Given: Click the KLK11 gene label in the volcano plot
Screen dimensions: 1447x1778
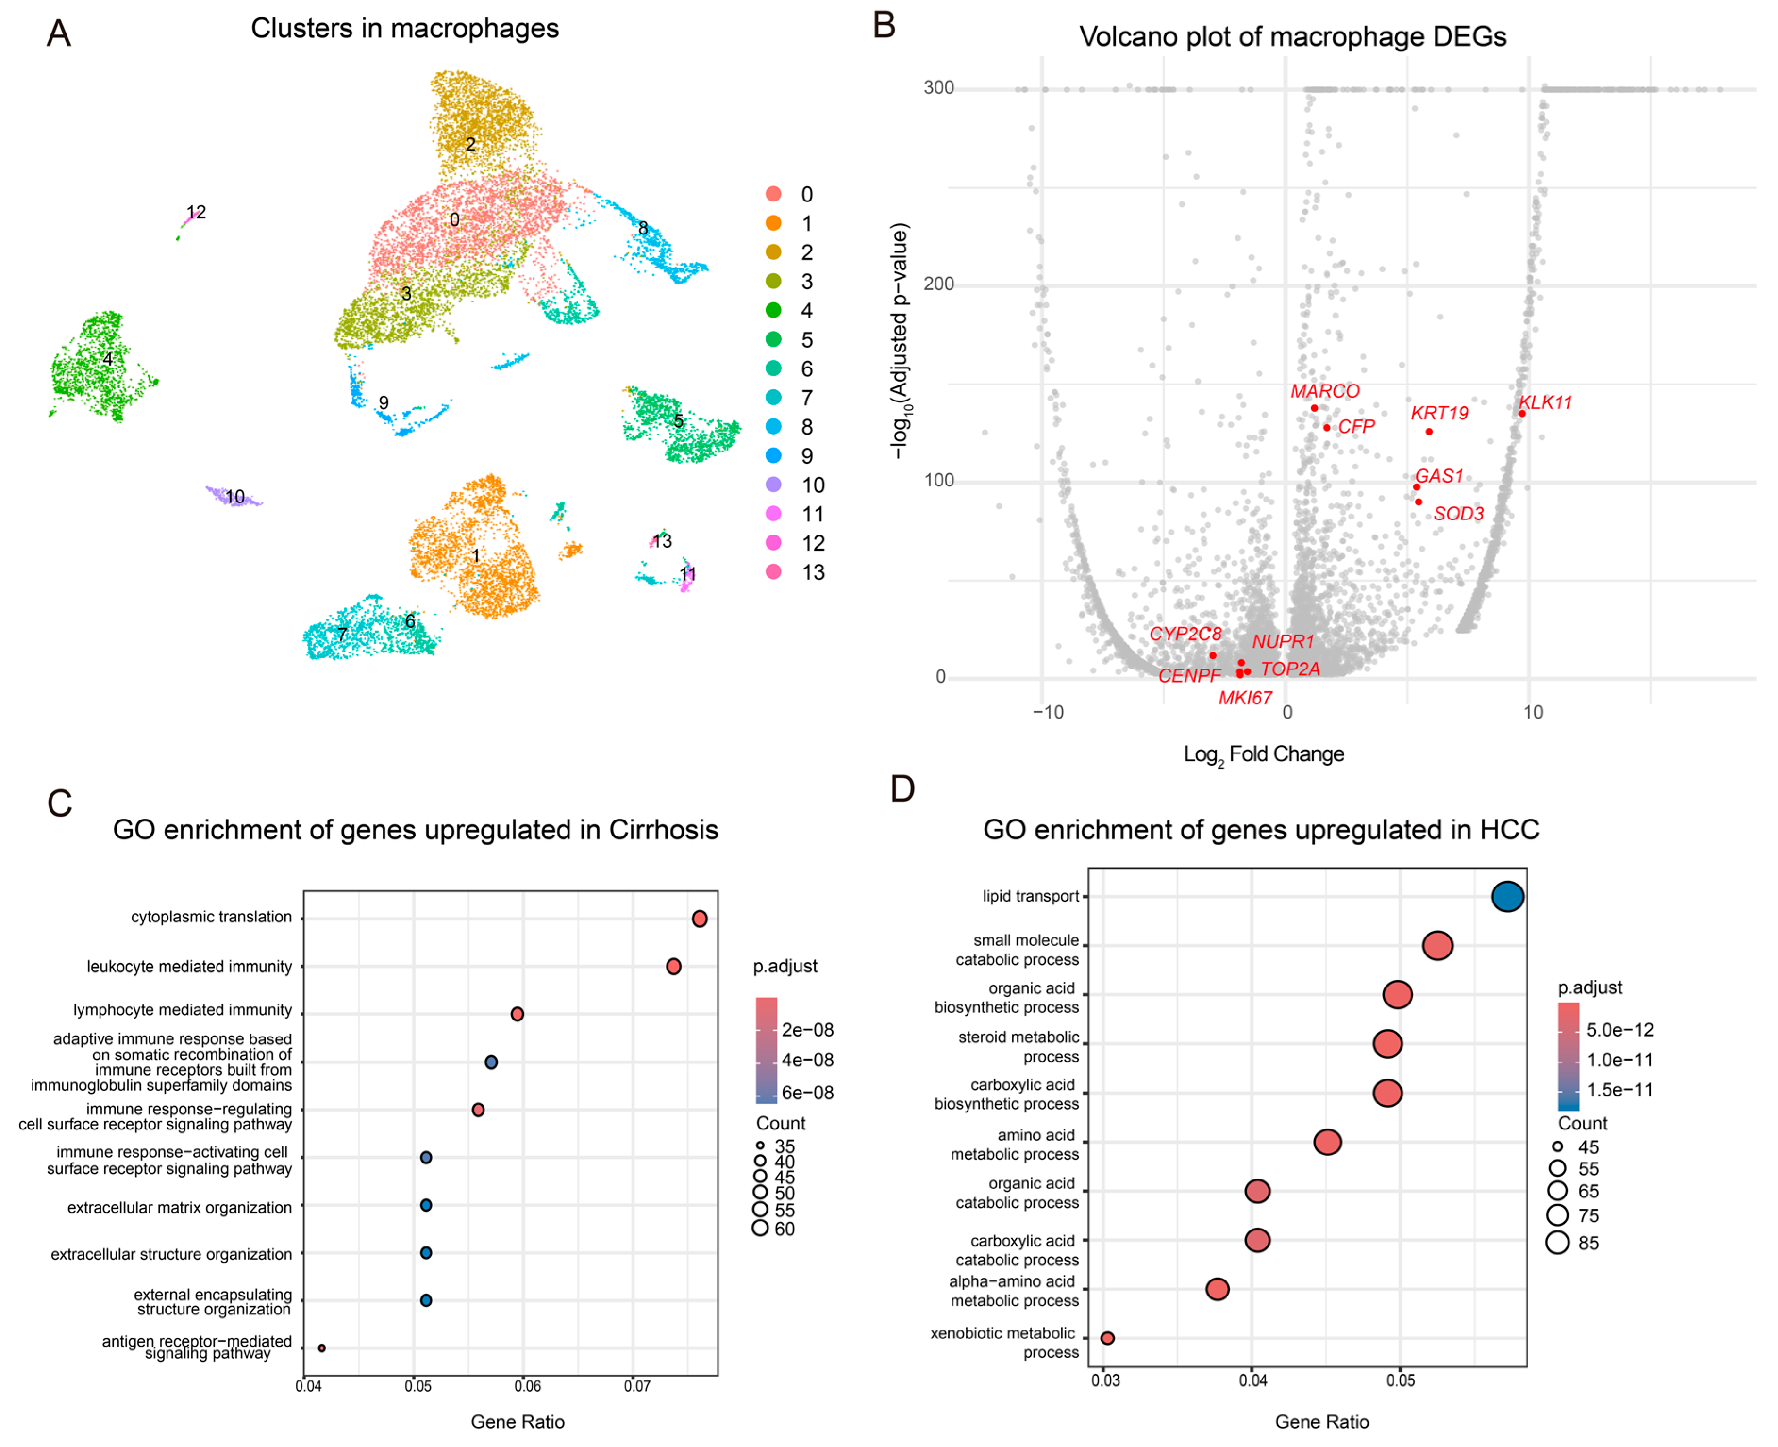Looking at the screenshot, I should coord(1544,402).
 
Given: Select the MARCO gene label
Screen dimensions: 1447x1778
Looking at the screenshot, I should coord(1325,391).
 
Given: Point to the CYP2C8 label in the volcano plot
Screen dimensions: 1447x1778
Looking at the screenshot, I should coord(1185,634).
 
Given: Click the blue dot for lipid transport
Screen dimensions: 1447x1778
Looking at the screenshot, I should coord(1507,897).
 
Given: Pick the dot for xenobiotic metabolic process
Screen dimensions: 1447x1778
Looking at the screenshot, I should coord(1107,1338).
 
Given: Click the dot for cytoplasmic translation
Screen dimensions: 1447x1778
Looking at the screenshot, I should coord(700,919).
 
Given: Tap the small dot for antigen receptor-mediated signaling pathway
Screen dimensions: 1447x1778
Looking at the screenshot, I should coord(322,1348).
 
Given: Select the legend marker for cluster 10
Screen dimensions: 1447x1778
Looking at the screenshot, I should coord(774,484).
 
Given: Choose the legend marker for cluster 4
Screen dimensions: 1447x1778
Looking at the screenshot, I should coord(774,310).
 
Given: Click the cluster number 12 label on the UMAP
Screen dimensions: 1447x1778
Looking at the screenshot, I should coord(196,212).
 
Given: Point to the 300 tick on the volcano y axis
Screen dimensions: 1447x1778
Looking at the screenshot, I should coord(939,88).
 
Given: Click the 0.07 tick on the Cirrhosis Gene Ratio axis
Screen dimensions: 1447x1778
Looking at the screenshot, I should coord(637,1386).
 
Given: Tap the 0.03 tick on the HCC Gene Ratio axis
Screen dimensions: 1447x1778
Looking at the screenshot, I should coord(1105,1380).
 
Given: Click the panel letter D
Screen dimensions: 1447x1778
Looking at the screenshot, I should coord(903,788).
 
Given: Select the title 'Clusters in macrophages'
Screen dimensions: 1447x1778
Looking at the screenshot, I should coord(405,28).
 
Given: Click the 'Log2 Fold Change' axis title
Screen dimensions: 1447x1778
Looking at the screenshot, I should coord(1264,754).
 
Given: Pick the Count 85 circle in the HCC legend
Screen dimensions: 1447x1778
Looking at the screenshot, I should coord(1557,1243).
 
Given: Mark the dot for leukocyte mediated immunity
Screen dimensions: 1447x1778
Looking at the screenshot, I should coord(674,966).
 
